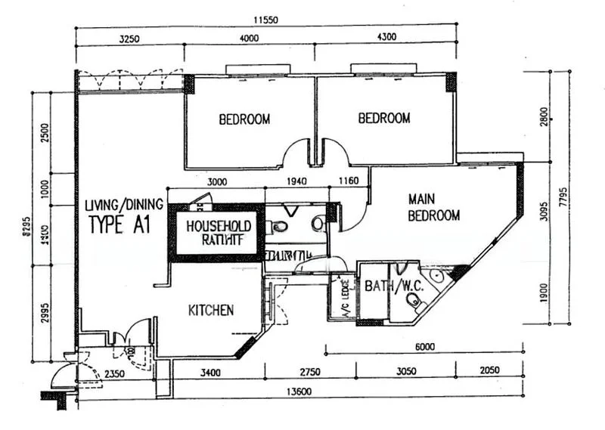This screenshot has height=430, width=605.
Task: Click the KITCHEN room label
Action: click(211, 310)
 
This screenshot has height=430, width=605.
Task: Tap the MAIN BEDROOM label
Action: click(433, 207)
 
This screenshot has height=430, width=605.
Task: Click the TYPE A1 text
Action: click(121, 224)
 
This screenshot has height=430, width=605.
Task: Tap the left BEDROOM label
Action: click(244, 119)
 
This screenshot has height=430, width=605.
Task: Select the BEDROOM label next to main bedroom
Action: click(384, 118)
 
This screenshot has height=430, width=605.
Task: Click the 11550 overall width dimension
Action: click(265, 21)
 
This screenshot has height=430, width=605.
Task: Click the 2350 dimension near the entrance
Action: click(114, 373)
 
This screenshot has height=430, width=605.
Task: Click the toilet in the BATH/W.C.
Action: click(413, 301)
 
